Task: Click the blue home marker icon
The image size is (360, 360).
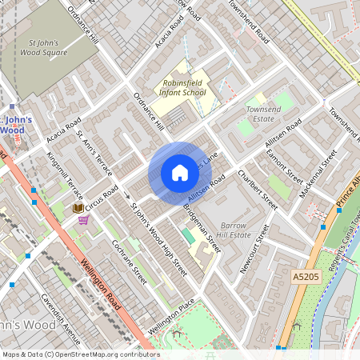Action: pyautogui.click(x=180, y=172)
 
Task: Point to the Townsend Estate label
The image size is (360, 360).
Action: pyautogui.click(x=263, y=113)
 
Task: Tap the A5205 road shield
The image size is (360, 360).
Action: pyautogui.click(x=306, y=277)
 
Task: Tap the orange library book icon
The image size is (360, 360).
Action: pyautogui.click(x=78, y=208)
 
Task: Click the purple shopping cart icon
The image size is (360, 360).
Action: pyautogui.click(x=83, y=220)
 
